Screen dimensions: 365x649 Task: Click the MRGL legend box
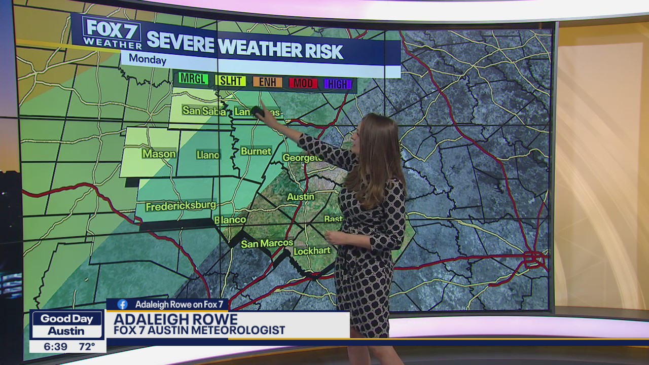[x=193, y=79]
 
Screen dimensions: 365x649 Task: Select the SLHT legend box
[x=231, y=81]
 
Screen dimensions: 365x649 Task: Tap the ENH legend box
[x=267, y=82]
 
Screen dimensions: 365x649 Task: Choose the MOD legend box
[x=303, y=83]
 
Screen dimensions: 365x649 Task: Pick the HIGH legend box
[x=338, y=84]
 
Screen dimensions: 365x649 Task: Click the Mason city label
[x=159, y=154]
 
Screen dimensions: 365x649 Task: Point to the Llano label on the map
[x=207, y=155]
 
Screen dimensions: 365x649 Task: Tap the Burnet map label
[x=256, y=151]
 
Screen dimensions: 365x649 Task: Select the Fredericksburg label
[x=181, y=206]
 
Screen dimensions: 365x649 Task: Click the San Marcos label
[x=267, y=244]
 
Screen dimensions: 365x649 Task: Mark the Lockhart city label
[x=312, y=251]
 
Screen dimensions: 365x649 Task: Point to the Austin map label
[x=301, y=197]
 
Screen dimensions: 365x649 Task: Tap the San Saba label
[x=203, y=111]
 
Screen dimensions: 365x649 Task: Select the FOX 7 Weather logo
[x=112, y=33]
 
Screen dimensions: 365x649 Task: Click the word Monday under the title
[x=147, y=59]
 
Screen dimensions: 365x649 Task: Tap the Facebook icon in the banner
[x=122, y=304]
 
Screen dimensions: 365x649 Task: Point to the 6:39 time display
[x=55, y=346]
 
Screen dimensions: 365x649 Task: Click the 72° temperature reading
[x=87, y=346]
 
